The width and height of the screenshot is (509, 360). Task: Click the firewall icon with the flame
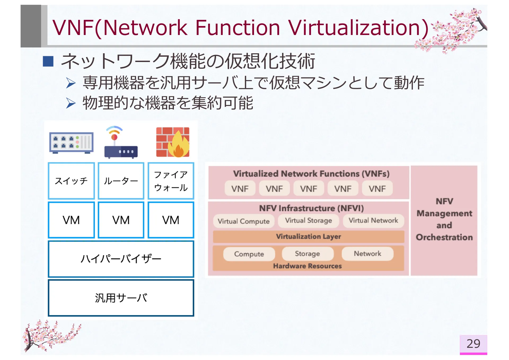point(173,142)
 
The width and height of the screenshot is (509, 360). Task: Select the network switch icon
point(71,143)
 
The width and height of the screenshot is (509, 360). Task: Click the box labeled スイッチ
point(71,181)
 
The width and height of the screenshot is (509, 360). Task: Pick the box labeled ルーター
point(121,181)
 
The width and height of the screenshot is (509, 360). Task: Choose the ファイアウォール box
point(171,181)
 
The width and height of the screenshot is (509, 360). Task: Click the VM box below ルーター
point(121,220)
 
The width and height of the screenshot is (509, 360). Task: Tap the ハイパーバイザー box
point(121,259)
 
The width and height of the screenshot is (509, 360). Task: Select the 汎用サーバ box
point(121,298)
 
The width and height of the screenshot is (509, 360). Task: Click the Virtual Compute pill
point(243,221)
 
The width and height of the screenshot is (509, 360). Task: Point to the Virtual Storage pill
point(308,221)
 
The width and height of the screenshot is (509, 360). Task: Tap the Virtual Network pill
point(373,221)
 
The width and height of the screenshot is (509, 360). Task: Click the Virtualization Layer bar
point(308,236)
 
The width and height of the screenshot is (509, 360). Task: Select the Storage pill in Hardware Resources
point(307,254)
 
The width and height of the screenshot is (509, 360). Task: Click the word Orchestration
point(444,237)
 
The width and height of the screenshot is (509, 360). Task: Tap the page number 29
point(473,344)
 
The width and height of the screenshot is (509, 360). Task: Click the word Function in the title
point(238,28)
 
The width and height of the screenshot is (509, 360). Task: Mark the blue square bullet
point(48,61)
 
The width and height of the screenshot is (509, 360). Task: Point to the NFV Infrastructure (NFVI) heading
point(311,208)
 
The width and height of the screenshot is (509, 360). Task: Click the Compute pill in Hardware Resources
point(249,254)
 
